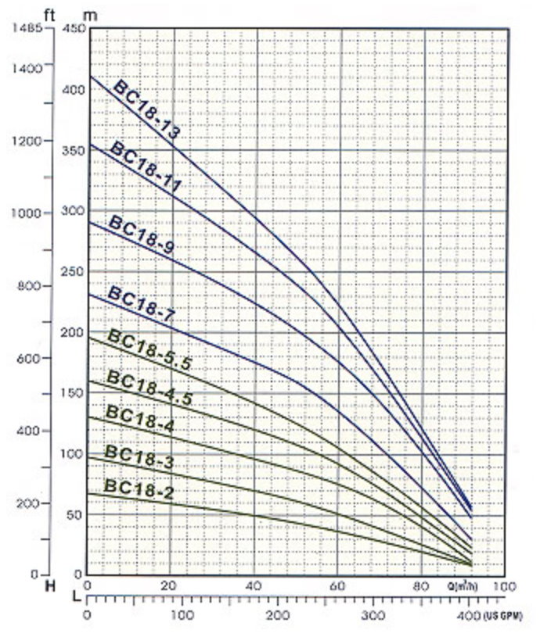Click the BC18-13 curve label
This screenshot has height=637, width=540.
tap(147, 109)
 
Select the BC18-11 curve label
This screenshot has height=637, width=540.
tap(146, 166)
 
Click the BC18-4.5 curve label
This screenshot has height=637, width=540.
tap(149, 386)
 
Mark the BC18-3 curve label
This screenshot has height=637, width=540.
tap(139, 457)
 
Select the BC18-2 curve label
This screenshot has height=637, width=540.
tap(139, 490)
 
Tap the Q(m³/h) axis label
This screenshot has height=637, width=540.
tap(467, 586)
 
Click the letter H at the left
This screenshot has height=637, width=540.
tap(50, 585)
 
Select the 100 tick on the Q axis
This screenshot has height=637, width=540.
tap(506, 586)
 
